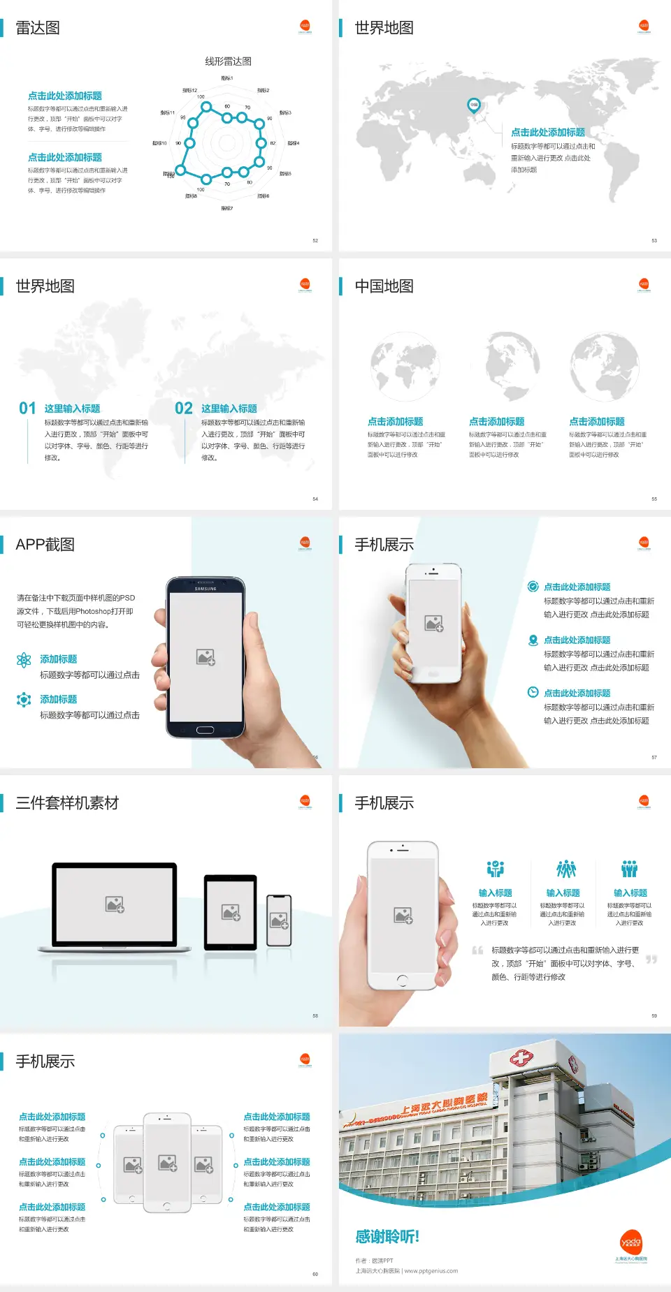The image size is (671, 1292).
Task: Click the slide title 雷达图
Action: pos(38,28)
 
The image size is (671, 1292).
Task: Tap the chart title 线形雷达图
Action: pos(228,61)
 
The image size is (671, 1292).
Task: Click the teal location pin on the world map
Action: pos(474,105)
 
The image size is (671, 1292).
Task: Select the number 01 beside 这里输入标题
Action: pos(27,409)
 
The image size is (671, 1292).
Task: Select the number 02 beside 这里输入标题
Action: pos(184,409)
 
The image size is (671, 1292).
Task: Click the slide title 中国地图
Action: pos(384,286)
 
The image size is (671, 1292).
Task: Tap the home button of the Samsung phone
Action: pos(205,730)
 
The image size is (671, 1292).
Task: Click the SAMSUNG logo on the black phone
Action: pos(205,589)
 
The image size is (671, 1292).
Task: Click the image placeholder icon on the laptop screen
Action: pos(115,904)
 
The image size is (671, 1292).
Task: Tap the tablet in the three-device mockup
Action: pos(231,911)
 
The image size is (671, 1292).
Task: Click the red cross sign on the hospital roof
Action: pos(521,1059)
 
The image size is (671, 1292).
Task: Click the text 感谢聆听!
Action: pos(387,1237)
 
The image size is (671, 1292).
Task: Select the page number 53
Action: pos(654,240)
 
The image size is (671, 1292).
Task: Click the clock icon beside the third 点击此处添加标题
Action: pos(533,692)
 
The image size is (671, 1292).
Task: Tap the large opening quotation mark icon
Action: pos(477,950)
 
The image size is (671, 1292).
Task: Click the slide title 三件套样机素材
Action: pos(67,803)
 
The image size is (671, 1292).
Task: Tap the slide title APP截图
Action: pos(45,545)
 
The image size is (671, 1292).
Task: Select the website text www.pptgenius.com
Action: pos(431,1271)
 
